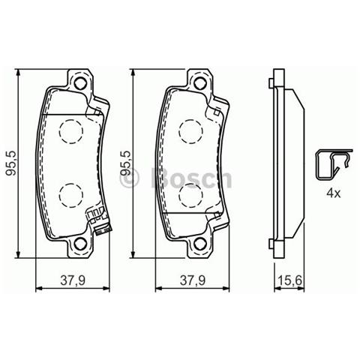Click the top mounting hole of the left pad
pyautogui.click(x=79, y=82)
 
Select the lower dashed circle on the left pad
pyautogui.click(x=71, y=196)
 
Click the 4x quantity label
pyautogui.click(x=333, y=193)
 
